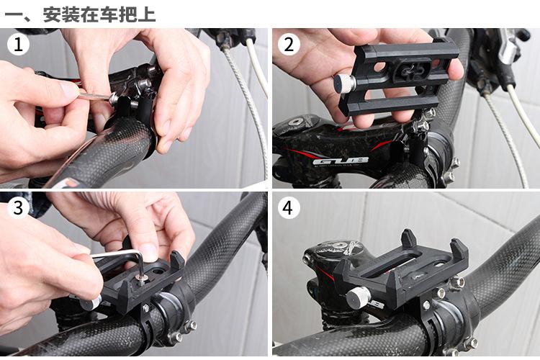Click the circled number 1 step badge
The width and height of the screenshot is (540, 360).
point(18,45)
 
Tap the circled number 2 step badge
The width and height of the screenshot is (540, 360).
point(289,45)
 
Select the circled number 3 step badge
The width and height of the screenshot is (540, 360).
point(18,208)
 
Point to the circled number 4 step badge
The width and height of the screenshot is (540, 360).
point(289,208)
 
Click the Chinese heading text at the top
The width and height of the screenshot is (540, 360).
point(80,14)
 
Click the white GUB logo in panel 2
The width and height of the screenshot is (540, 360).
point(341,161)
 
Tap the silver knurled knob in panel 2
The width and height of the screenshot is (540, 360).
point(343,84)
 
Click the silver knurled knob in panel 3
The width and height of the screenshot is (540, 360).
point(91,302)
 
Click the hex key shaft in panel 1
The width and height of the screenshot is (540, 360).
point(94,96)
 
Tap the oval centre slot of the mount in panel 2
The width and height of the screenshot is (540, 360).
point(413,70)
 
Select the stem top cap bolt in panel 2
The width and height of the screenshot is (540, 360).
point(295,122)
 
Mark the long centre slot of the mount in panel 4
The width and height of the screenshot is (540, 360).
point(393,267)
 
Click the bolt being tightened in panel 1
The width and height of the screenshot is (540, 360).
point(114,99)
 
